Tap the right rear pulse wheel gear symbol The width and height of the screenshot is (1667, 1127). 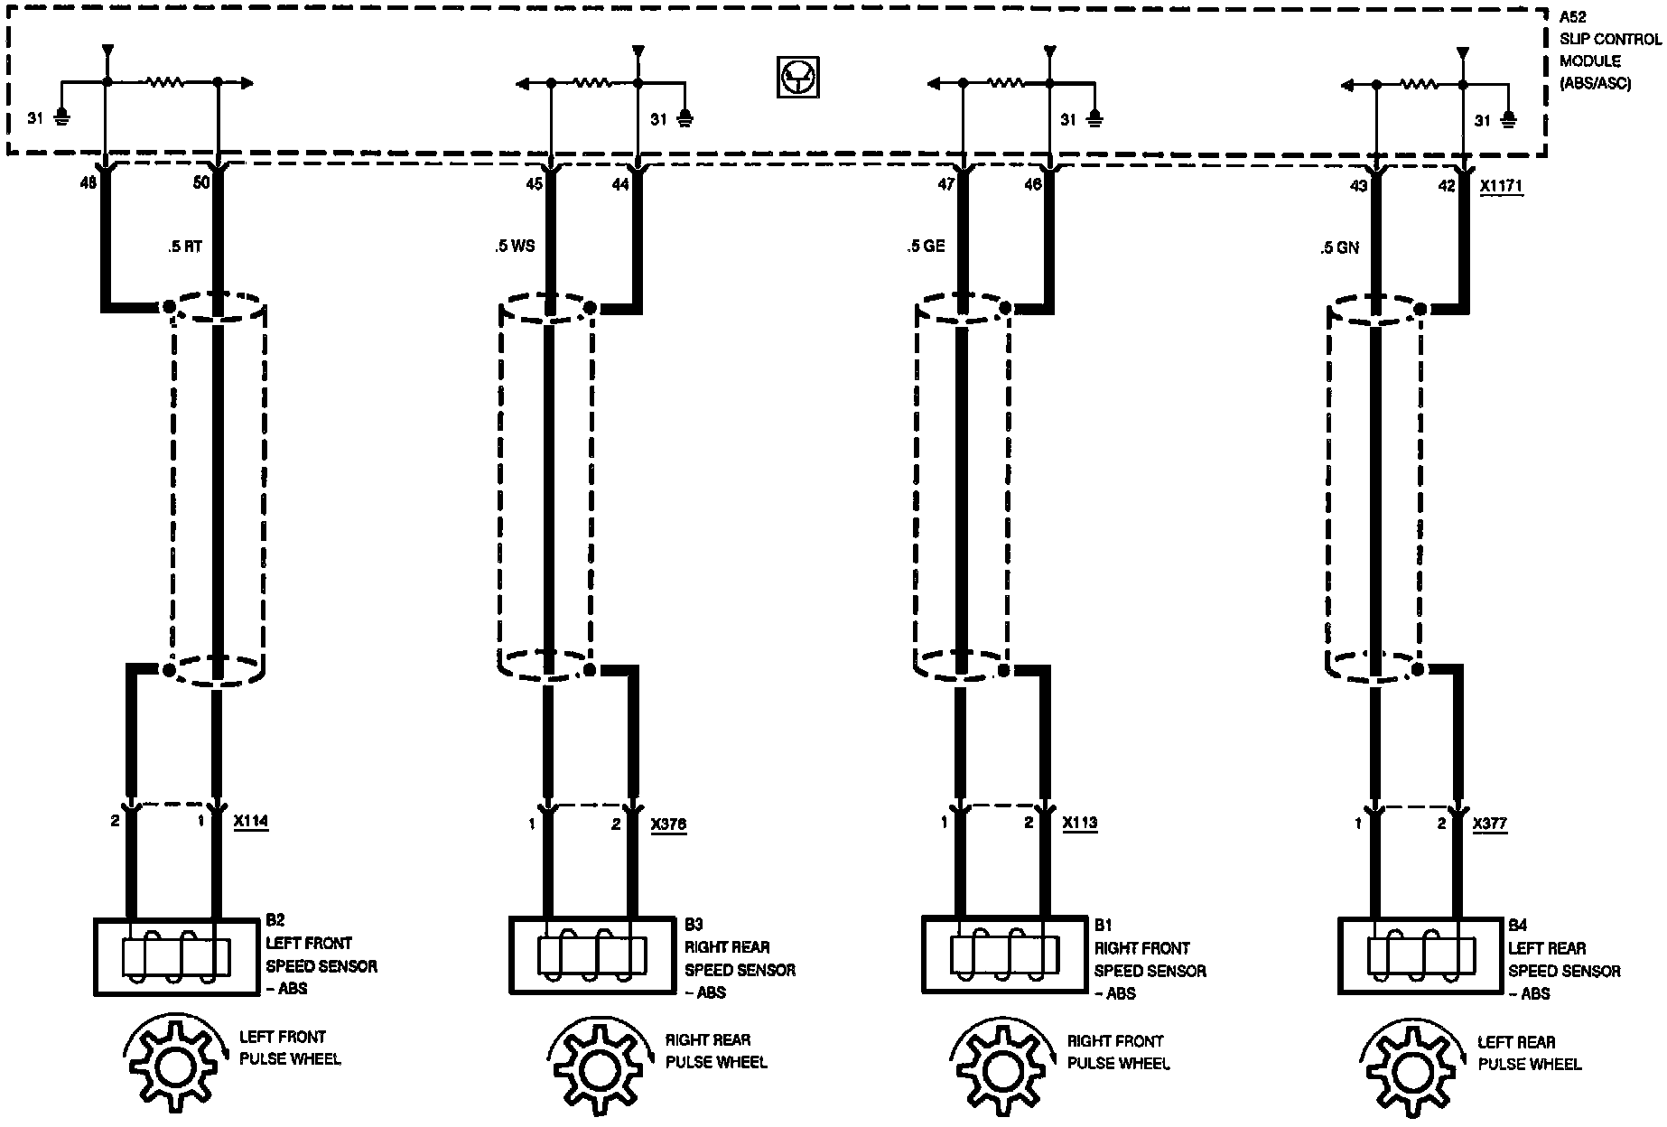click(597, 1071)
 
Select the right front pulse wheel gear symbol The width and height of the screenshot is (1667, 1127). click(1001, 1071)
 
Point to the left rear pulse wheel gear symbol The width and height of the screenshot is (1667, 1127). click(1411, 1072)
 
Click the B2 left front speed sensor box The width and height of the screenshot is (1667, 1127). click(175, 957)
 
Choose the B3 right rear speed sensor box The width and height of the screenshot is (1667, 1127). click(592, 955)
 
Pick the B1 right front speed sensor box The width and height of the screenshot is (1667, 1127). click(1004, 955)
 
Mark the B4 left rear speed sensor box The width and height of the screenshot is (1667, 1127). click(1421, 955)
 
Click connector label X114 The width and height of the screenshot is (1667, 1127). click(250, 822)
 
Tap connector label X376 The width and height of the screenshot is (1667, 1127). click(668, 824)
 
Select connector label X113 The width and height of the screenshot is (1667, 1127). click(1080, 824)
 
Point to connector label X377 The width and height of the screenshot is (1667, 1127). click(1490, 824)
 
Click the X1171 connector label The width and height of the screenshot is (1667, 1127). click(1502, 186)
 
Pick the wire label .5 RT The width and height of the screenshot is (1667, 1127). click(185, 247)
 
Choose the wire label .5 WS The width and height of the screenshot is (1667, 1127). click(515, 246)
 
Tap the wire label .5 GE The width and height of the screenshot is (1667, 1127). click(926, 246)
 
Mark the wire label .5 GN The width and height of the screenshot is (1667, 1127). click(1338, 247)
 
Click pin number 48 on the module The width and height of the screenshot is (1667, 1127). click(88, 183)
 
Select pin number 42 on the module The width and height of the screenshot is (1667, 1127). click(1447, 186)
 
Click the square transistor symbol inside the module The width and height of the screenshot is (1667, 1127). click(797, 78)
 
